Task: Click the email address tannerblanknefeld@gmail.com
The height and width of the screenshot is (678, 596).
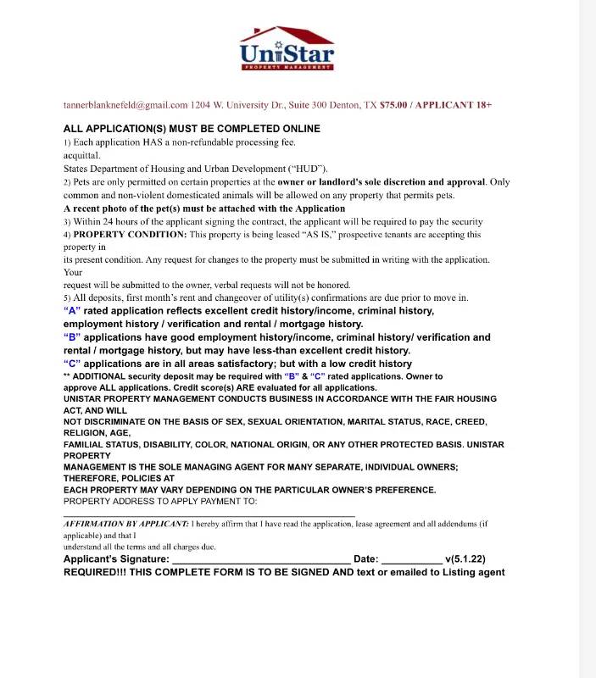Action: click(125, 105)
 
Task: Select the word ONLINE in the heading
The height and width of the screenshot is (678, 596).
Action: click(296, 129)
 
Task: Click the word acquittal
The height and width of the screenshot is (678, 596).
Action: click(82, 155)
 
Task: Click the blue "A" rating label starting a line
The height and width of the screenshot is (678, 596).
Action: click(72, 311)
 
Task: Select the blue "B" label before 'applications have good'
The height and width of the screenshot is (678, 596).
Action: click(72, 337)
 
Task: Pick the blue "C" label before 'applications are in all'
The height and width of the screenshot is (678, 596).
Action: click(72, 364)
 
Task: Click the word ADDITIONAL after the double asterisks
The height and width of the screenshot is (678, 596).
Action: click(102, 375)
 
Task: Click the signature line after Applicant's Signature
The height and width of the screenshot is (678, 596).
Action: click(260, 559)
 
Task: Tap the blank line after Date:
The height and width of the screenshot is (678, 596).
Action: click(411, 559)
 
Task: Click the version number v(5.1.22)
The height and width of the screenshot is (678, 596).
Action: click(465, 559)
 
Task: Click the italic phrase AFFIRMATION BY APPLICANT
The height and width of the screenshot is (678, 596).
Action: click(125, 524)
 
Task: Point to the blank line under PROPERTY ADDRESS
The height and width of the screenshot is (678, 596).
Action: click(209, 514)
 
